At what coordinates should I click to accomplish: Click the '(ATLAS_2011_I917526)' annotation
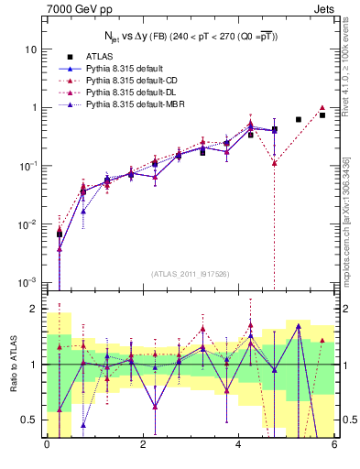pyautogui.click(x=189, y=273)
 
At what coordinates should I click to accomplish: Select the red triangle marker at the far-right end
pyautogui.click(x=322, y=108)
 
